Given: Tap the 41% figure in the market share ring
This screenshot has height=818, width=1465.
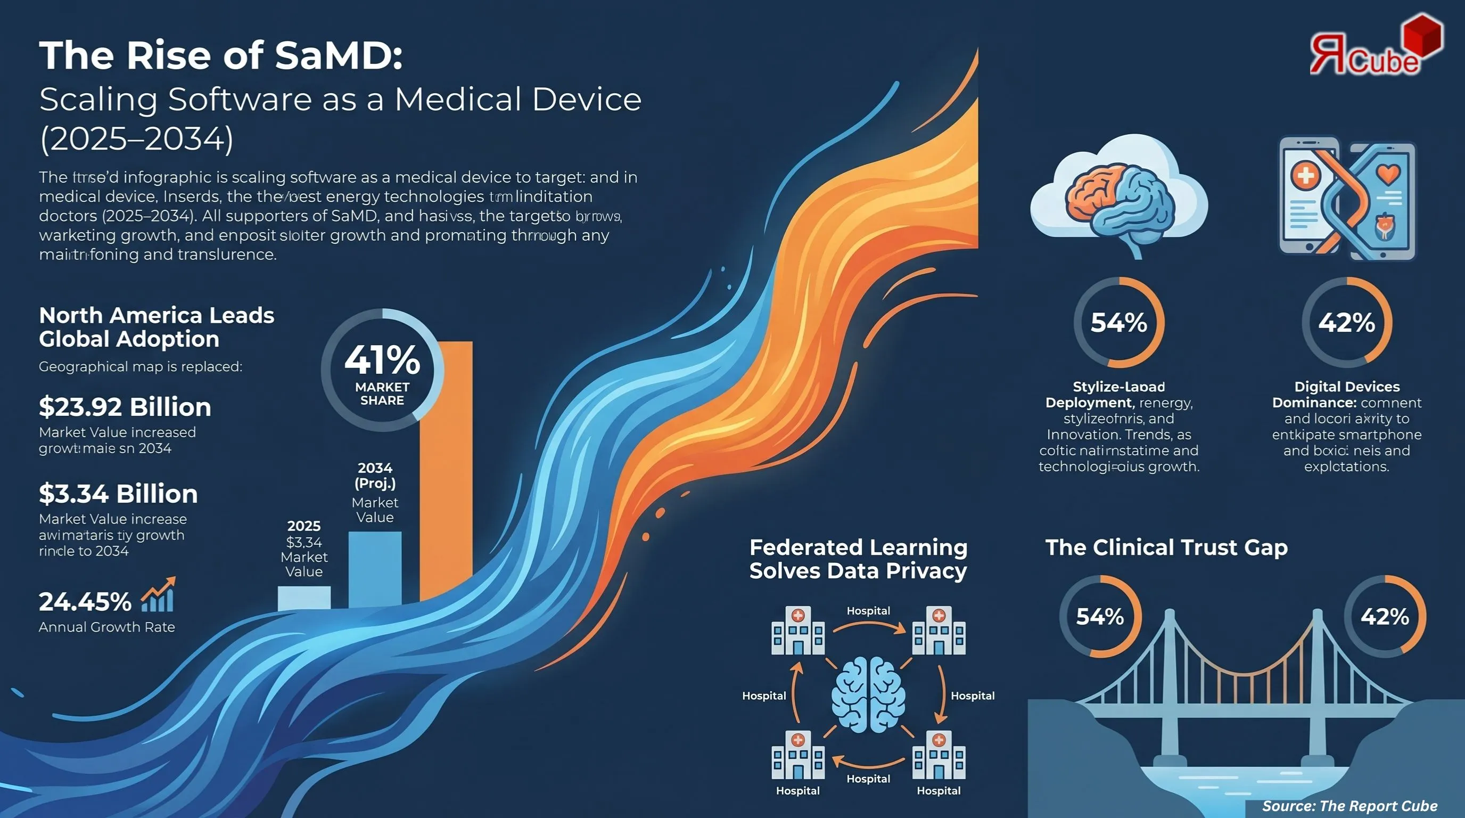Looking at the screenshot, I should (x=382, y=360).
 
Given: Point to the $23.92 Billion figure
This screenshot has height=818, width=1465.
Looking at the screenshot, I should (x=125, y=407).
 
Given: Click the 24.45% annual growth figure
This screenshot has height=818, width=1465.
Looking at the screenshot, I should (x=85, y=602).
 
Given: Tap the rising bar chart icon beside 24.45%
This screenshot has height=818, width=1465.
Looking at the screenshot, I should (x=159, y=595).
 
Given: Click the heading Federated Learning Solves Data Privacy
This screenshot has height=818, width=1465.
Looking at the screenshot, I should (x=858, y=559).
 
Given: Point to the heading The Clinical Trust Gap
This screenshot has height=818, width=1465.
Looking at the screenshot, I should (x=1166, y=547).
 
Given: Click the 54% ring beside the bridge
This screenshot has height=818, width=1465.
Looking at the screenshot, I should (x=1100, y=617).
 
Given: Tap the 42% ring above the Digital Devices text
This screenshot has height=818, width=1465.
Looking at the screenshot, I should (x=1347, y=323).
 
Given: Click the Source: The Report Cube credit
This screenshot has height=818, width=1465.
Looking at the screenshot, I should (x=1349, y=806).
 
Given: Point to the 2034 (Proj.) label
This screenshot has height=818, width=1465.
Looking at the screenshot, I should (x=375, y=476).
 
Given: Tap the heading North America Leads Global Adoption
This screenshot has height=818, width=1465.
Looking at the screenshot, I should (x=157, y=327).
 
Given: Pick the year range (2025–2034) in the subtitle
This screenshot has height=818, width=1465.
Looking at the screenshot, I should (x=136, y=139).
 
